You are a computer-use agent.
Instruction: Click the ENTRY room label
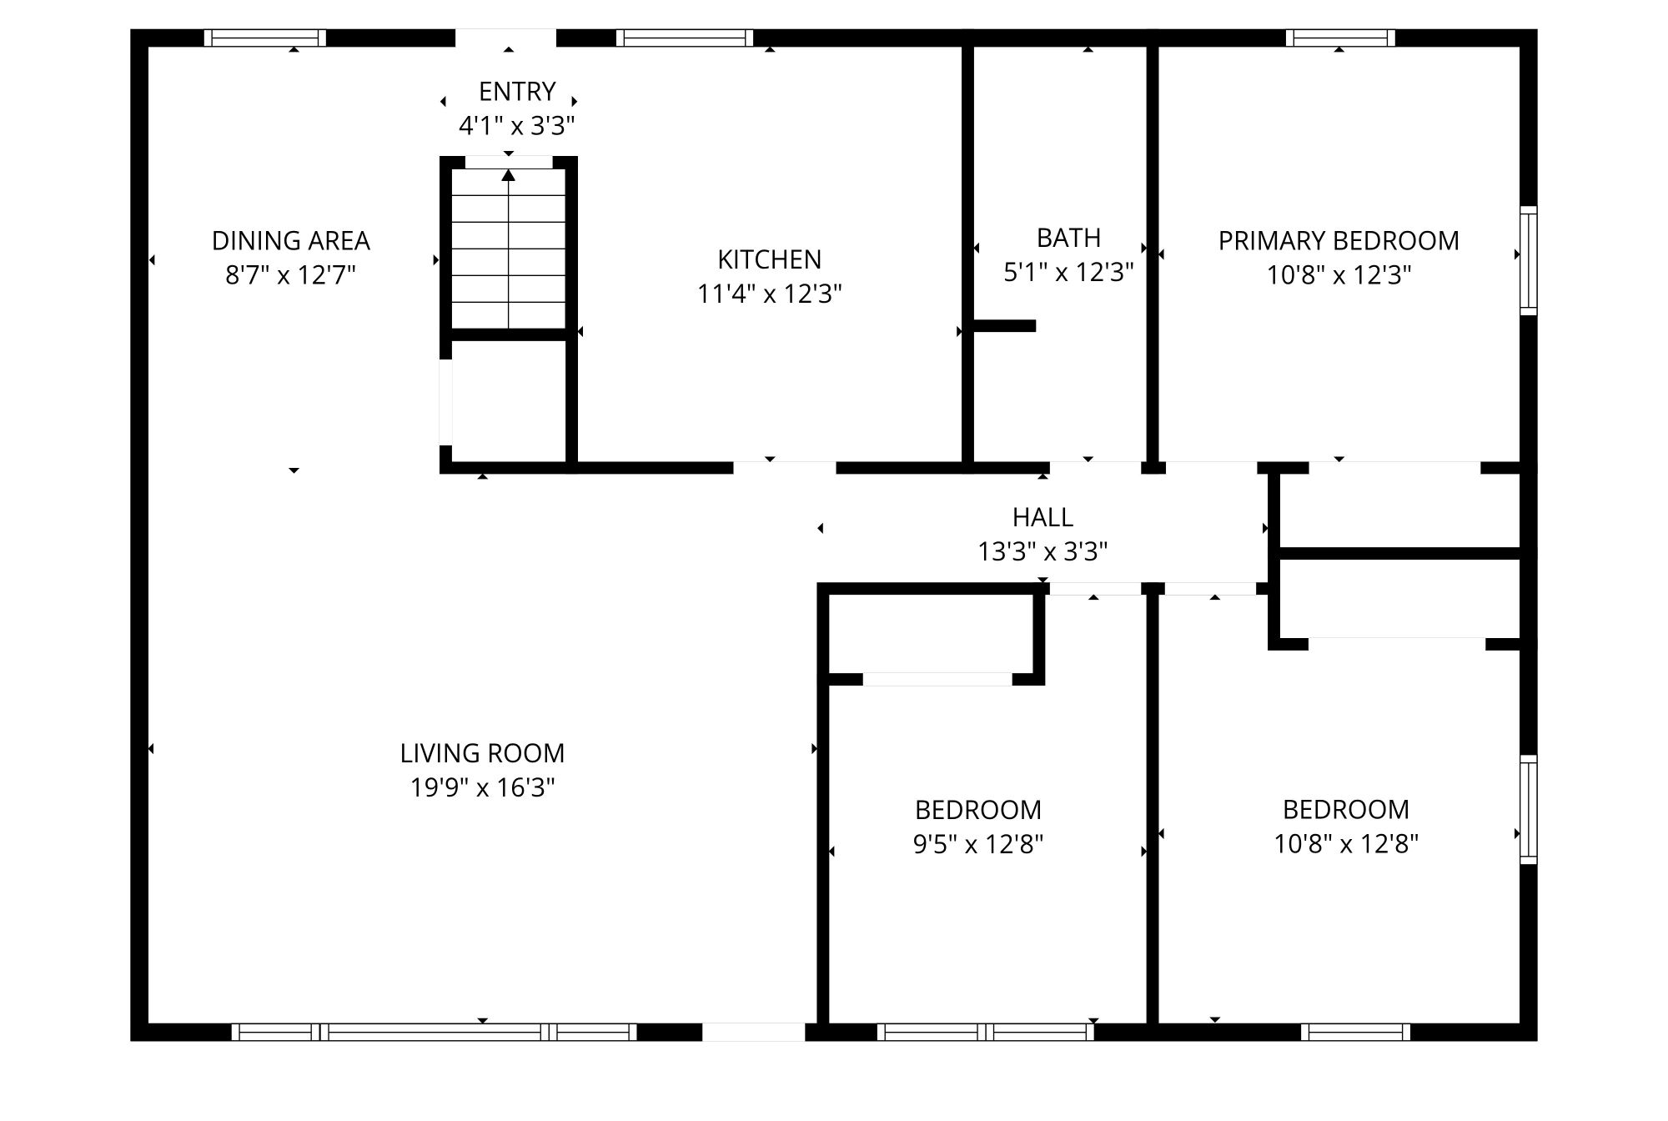tap(516, 91)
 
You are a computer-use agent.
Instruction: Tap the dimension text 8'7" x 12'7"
tap(290, 275)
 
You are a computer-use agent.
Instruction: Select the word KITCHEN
tap(769, 259)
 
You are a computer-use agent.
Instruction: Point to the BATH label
tap(1068, 238)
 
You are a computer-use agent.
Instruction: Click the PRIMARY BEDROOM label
tap(1338, 241)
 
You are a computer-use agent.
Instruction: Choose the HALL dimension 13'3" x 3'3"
tap(1042, 552)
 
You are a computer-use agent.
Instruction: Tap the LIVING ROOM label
tap(482, 753)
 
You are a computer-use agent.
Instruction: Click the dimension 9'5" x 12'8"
tap(977, 845)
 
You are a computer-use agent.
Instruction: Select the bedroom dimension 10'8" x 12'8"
tap(1345, 844)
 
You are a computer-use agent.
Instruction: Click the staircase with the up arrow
tap(509, 250)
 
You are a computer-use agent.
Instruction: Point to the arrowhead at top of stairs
tap(509, 174)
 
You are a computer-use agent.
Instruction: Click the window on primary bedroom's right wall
tap(1528, 260)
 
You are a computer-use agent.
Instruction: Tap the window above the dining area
tap(265, 38)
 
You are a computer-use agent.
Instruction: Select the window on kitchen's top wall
tap(685, 38)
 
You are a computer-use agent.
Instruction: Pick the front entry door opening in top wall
tap(505, 38)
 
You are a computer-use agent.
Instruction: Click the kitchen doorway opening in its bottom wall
tap(784, 467)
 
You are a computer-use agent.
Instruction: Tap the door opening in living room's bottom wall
tap(753, 1032)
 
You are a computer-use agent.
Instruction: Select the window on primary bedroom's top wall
tap(1340, 38)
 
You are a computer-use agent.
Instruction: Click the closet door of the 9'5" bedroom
tap(937, 679)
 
